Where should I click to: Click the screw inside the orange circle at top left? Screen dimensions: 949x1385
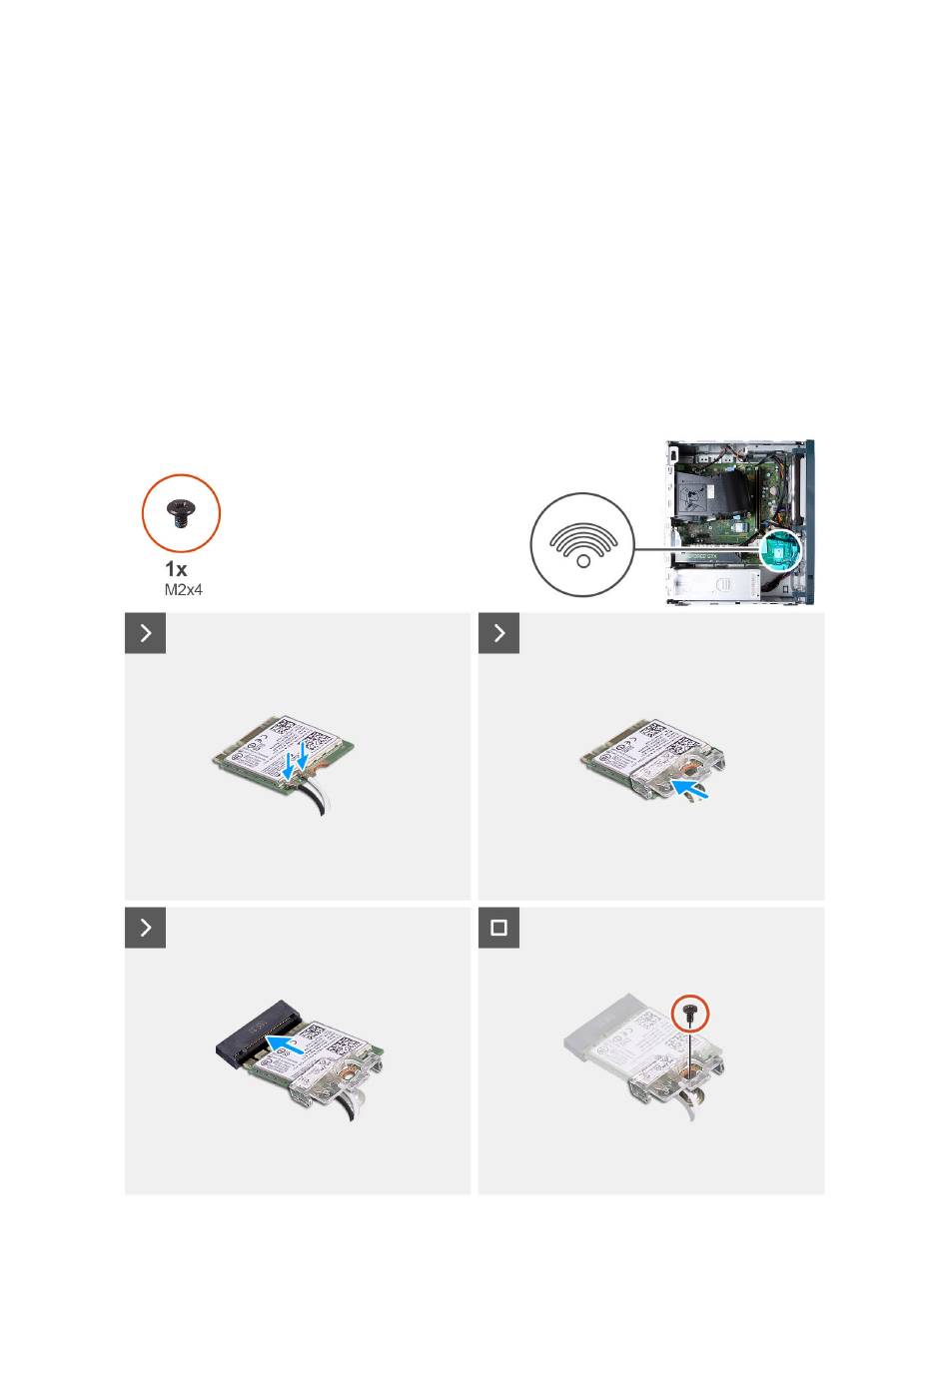[181, 513]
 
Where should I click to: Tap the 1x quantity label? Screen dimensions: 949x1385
[176, 569]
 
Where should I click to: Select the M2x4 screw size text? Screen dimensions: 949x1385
[183, 590]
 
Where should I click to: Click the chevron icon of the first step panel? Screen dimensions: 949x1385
[146, 633]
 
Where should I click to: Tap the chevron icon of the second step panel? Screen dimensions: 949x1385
[498, 633]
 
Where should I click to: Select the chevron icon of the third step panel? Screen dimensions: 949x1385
[146, 928]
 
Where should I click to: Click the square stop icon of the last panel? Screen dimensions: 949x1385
[498, 928]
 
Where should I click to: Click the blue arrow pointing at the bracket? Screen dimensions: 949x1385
[690, 789]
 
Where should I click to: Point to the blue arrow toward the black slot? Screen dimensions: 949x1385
[285, 1044]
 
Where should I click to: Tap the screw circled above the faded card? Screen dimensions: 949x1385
[690, 1013]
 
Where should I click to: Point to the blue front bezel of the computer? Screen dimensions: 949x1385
[810, 522]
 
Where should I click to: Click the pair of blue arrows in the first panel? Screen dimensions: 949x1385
[294, 760]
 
